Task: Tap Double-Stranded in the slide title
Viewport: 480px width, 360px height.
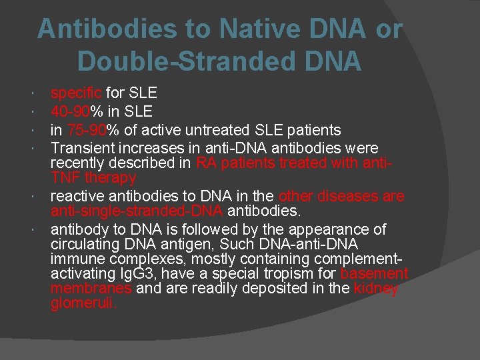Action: [x=177, y=61]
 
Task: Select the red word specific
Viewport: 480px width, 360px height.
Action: [x=77, y=93]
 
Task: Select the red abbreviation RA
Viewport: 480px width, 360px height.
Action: [x=207, y=163]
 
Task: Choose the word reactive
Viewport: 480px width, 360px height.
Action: [x=78, y=196]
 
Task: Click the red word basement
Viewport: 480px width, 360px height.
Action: [x=374, y=274]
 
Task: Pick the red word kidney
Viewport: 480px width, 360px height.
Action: [x=376, y=289]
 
